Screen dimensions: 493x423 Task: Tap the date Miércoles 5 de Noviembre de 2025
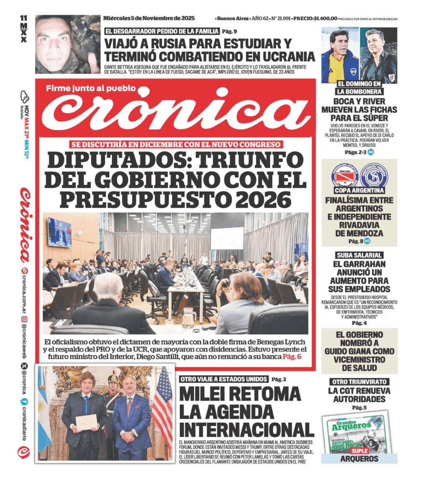(149, 18)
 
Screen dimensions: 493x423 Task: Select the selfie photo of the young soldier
(67, 44)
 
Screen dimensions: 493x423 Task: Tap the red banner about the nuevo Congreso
(176, 144)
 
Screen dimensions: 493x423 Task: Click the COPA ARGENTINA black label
(359, 190)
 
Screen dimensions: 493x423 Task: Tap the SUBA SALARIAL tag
(359, 255)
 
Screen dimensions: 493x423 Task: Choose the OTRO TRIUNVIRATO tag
(359, 382)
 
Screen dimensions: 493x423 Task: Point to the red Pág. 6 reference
(291, 356)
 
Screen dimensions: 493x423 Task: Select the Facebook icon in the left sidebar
(24, 401)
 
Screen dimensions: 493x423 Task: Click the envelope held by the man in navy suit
(86, 422)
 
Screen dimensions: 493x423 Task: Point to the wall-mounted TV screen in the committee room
(59, 232)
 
